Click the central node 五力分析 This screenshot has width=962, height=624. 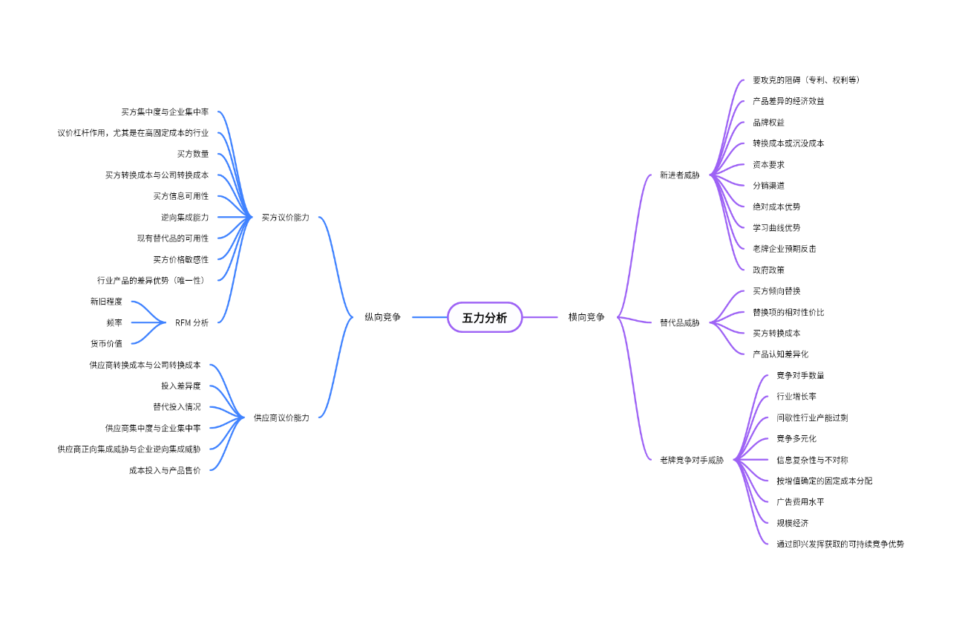(485, 317)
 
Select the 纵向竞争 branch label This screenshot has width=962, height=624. (382, 317)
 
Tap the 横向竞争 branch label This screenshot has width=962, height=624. (586, 317)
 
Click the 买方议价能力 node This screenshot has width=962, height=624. (285, 218)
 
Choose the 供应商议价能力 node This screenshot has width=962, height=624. (281, 417)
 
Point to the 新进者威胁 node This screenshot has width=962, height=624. (679, 175)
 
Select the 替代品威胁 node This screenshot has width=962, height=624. (679, 322)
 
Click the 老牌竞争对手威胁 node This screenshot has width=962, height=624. (691, 460)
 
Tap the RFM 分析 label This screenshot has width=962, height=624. (192, 322)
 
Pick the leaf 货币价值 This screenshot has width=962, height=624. (106, 343)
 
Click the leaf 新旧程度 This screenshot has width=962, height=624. (106, 302)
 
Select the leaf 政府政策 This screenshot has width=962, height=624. (768, 270)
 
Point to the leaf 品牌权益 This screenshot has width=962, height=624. (768, 123)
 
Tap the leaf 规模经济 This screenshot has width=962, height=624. (792, 522)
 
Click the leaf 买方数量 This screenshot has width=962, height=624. (192, 154)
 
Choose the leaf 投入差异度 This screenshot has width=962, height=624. (180, 386)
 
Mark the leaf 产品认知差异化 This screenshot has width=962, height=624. (780, 354)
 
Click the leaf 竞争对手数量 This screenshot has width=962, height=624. (800, 375)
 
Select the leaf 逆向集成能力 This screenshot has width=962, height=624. (185, 217)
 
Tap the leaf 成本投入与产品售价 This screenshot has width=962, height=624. (164, 469)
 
